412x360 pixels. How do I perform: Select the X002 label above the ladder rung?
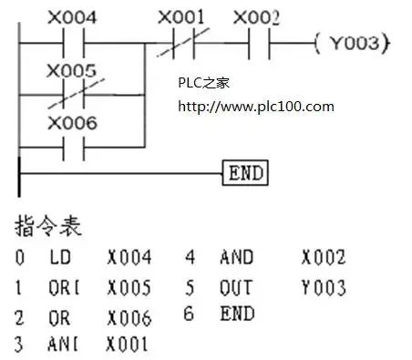point(256,17)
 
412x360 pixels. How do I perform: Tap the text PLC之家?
point(204,83)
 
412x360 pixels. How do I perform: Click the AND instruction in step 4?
point(236,258)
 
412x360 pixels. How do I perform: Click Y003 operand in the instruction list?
point(324,288)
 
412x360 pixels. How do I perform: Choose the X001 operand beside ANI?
point(129,345)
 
